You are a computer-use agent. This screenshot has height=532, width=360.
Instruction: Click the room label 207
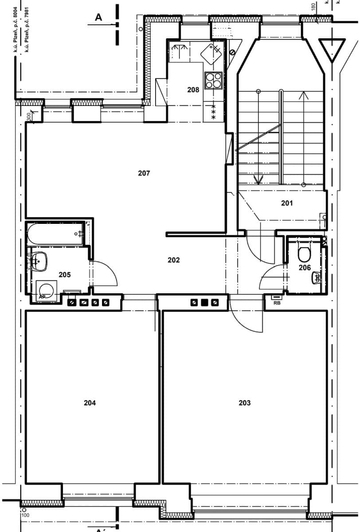click(144, 173)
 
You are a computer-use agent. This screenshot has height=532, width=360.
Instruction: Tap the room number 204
click(90, 403)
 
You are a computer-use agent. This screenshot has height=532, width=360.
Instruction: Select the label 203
click(244, 403)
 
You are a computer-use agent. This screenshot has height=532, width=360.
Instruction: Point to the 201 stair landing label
click(287, 203)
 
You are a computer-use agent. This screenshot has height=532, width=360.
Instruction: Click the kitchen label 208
click(193, 90)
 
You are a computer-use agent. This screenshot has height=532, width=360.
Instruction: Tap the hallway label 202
click(173, 260)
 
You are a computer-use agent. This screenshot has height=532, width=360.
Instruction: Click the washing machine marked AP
click(46, 291)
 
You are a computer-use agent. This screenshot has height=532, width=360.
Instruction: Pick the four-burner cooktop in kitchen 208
click(213, 80)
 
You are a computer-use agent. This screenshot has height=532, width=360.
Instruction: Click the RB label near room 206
click(277, 304)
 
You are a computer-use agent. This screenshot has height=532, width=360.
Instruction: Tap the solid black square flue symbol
click(204, 303)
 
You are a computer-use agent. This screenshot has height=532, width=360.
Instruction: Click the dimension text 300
click(28, 117)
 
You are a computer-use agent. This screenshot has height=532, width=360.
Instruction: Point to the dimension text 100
click(25, 515)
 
